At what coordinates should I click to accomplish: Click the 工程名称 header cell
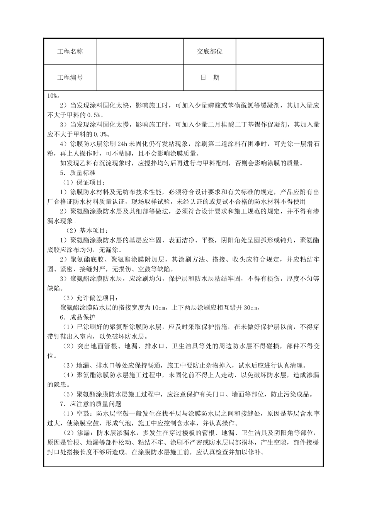(70, 51)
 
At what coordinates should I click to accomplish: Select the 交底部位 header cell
(210, 51)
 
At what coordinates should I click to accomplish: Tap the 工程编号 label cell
(70, 77)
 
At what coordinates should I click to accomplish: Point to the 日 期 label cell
(210, 77)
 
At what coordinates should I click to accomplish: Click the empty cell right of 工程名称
(139, 51)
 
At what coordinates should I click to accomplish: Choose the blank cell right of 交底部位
(279, 51)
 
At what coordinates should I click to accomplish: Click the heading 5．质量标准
(78, 173)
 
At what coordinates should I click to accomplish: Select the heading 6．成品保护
(78, 317)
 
